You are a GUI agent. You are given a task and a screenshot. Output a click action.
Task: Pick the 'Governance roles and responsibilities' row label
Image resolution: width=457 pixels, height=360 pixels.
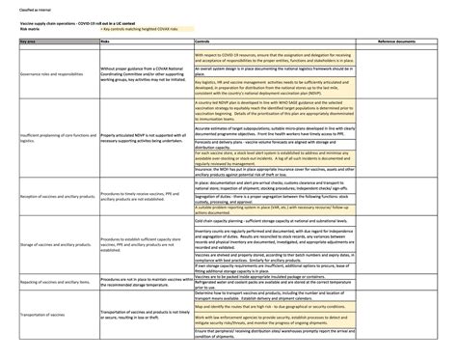(x=47, y=73)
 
